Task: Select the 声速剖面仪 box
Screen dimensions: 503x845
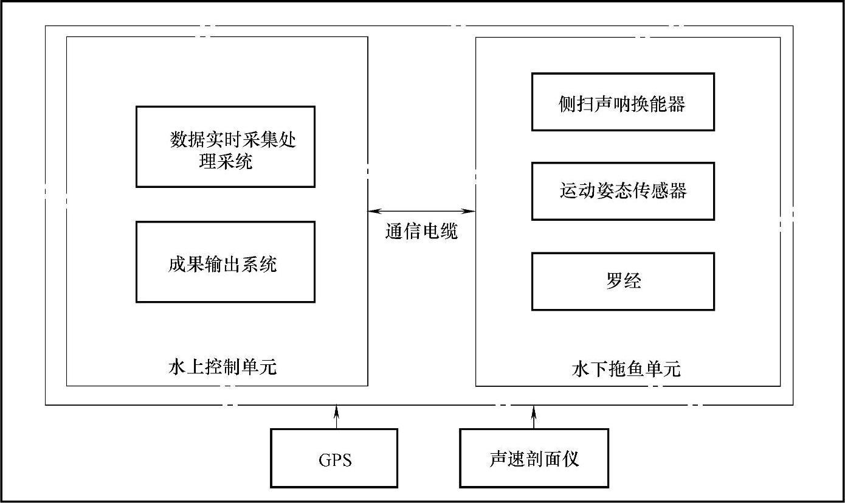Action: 534,458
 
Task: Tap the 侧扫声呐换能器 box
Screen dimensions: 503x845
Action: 623,102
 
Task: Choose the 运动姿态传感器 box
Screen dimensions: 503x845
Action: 623,191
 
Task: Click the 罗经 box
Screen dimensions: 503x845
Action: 623,281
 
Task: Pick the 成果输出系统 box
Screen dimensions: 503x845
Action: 225,262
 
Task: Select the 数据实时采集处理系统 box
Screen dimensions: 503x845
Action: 225,147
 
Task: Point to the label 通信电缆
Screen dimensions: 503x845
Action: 421,231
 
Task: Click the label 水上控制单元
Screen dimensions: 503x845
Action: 222,367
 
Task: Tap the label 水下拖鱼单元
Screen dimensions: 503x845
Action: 626,369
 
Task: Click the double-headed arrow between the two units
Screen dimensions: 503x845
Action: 421,211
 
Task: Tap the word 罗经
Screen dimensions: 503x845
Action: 623,281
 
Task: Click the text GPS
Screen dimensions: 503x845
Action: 335,460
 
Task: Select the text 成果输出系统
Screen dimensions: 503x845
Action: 223,264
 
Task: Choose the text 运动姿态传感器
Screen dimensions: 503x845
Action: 623,191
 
